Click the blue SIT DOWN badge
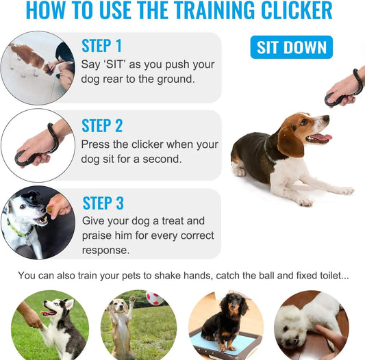tap(291, 47)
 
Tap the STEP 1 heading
tap(101, 46)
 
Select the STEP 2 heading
tap(102, 126)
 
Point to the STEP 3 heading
tap(103, 203)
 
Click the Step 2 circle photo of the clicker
tap(36, 146)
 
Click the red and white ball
tap(155, 299)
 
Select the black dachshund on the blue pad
tap(226, 322)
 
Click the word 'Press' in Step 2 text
tap(97, 144)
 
